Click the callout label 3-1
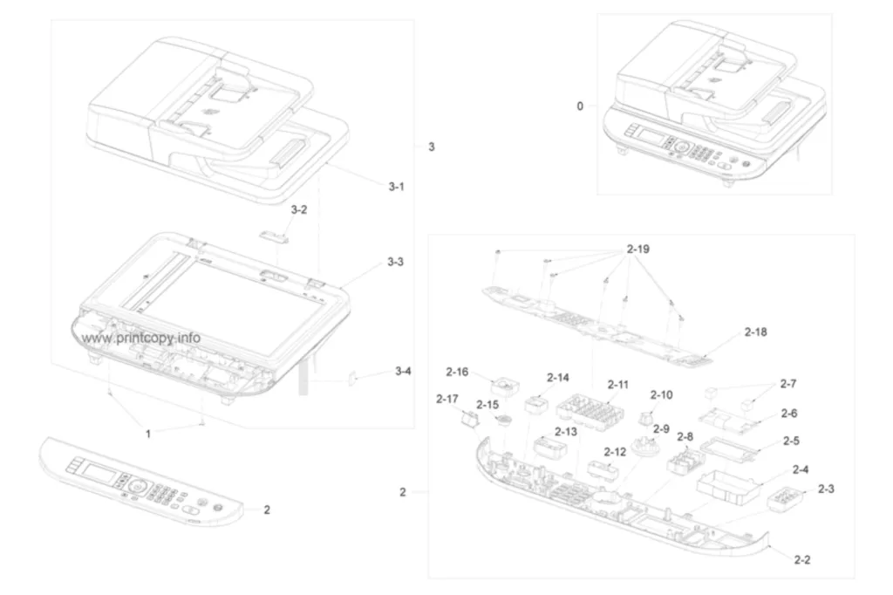click(397, 187)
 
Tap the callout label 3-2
click(299, 209)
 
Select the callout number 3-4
click(403, 371)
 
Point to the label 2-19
click(637, 249)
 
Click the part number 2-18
click(756, 332)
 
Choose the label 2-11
click(618, 385)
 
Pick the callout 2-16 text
click(457, 373)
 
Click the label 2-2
click(802, 559)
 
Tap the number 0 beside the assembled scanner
click(580, 106)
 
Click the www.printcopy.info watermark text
click(140, 338)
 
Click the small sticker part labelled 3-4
click(352, 379)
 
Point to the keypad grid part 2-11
click(589, 409)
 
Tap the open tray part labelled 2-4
click(730, 488)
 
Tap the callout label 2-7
click(788, 384)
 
